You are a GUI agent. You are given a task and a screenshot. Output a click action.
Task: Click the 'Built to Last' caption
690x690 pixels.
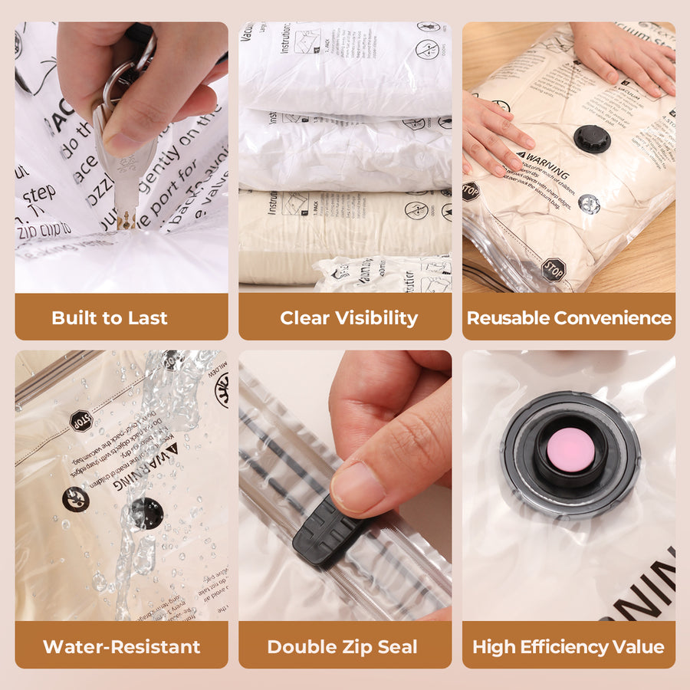110,317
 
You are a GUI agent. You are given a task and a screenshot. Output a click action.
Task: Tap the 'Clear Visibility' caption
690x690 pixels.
349,317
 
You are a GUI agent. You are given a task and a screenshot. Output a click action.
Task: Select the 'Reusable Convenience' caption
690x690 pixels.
569,317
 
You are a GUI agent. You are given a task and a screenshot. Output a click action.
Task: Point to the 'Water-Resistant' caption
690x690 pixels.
121,646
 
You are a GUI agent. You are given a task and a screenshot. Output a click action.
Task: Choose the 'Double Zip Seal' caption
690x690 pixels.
342,646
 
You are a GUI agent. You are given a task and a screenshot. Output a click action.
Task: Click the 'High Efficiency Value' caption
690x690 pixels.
568,646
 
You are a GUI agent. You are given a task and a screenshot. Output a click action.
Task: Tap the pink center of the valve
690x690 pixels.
567,449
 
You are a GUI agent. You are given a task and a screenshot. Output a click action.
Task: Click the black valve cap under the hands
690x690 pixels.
592,139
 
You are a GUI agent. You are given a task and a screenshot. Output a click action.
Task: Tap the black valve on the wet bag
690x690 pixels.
146,513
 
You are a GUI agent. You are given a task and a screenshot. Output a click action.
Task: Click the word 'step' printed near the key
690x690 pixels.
38,192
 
